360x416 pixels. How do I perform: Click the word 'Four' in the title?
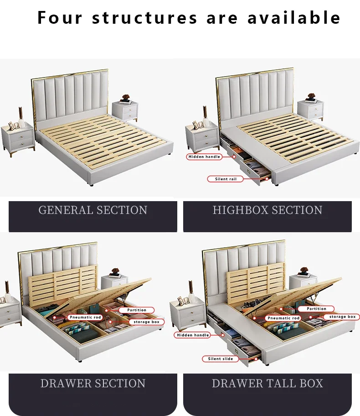pos(60,18)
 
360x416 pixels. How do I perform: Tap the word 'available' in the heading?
pos(294,18)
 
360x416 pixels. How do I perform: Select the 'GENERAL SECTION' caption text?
pos(93,210)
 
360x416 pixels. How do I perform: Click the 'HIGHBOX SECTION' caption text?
pos(267,210)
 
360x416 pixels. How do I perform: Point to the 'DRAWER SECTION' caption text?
pos(93,383)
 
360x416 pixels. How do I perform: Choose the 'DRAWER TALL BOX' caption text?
pos(267,383)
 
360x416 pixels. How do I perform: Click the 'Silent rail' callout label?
pos(225,179)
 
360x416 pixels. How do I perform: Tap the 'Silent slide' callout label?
pos(220,359)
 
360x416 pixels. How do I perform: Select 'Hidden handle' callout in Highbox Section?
pos(204,157)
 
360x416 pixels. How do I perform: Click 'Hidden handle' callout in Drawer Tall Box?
pos(192,335)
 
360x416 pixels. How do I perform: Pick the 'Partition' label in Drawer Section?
pos(137,310)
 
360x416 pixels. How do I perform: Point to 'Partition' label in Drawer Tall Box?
pos(316,309)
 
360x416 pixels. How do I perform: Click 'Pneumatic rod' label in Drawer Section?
pos(85,317)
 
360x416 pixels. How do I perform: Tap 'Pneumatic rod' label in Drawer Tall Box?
pos(283,318)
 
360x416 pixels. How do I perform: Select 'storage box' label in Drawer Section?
pos(146,322)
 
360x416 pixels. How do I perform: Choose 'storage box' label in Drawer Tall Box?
pos(342,317)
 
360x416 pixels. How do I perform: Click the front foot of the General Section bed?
pos(92,184)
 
